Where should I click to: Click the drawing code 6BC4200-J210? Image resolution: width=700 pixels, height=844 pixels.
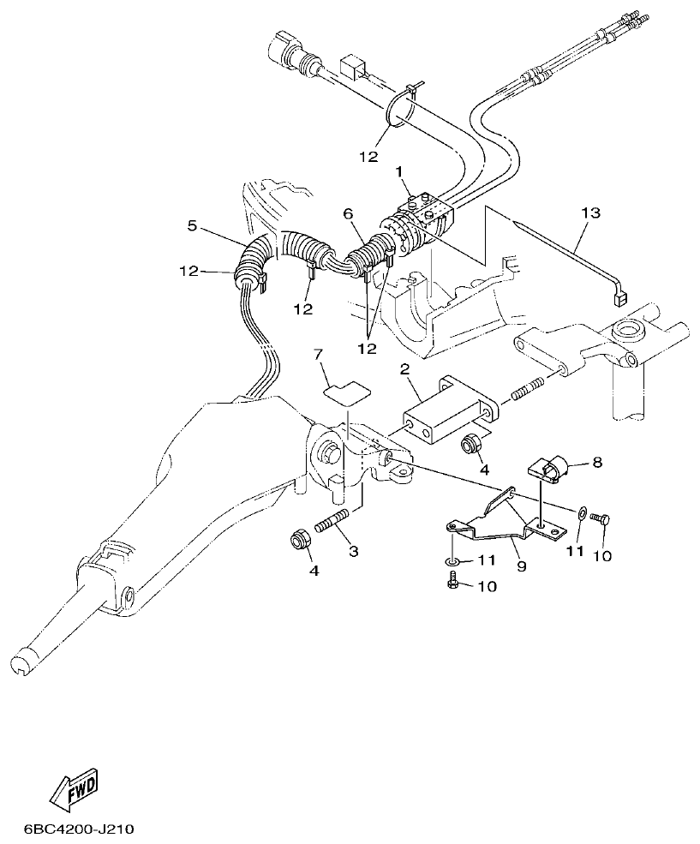pos(79,830)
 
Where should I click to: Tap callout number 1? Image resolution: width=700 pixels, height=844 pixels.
pos(399,172)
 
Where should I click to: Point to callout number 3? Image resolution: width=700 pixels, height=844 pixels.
pos(352,552)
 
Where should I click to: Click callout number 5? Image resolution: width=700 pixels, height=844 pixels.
pos(192,226)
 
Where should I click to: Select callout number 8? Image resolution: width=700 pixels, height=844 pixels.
pos(596,463)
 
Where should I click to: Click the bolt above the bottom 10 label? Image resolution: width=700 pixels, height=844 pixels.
pos(453,582)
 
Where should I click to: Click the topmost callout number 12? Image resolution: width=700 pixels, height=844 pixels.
pos(368,158)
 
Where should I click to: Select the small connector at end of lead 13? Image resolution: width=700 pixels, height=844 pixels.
pos(617,299)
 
